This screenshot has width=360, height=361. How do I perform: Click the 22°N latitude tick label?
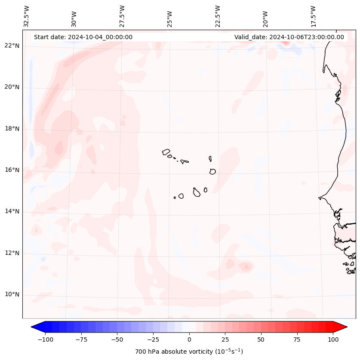click(x=12, y=46)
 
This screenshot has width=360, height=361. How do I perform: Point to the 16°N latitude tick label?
click(x=12, y=170)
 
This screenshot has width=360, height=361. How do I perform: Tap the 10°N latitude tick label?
click(x=12, y=295)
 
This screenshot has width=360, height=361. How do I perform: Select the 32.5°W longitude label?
click(x=27, y=16)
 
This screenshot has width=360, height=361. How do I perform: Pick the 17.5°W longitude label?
click(x=313, y=16)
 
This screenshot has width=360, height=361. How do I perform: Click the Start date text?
click(x=83, y=37)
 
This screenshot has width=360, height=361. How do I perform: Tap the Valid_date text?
click(x=289, y=37)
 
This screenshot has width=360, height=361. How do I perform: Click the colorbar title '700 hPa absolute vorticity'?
click(x=189, y=352)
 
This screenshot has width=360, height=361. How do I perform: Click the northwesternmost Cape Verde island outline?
click(x=166, y=151)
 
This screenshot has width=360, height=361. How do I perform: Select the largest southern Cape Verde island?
click(x=197, y=192)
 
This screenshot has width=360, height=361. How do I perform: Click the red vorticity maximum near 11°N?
click(x=246, y=267)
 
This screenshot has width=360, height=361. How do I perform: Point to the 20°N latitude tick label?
click(x=12, y=87)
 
